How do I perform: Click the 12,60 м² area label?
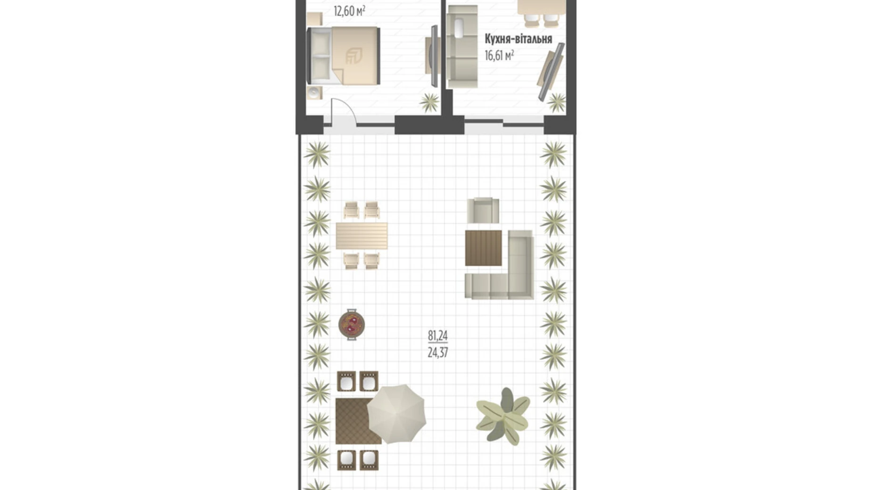(x=349, y=11)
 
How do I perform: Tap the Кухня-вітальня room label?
(x=518, y=39)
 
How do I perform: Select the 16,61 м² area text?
(x=499, y=56)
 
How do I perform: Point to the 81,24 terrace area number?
(x=437, y=335)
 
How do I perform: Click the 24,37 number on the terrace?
(x=437, y=352)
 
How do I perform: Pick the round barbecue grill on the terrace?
(x=352, y=324)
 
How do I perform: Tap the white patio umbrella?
(x=396, y=414)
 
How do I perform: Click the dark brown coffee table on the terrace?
(x=484, y=248)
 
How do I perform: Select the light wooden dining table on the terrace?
(x=362, y=236)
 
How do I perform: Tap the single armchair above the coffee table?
(x=483, y=210)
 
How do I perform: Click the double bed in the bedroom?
(x=343, y=56)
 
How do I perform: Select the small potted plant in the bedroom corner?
(x=429, y=102)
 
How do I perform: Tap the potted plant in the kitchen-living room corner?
(x=557, y=102)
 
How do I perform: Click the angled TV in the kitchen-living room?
(x=551, y=72)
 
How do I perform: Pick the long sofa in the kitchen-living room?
(x=462, y=47)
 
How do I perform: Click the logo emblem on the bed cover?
(x=354, y=56)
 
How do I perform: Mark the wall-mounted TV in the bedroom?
(x=433, y=56)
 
